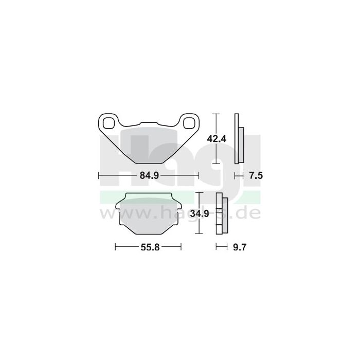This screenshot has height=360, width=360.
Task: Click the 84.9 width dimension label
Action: pyautogui.click(x=148, y=175)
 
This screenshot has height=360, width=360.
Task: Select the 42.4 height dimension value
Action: pyautogui.click(x=217, y=138)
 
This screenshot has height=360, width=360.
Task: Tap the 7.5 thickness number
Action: pyautogui.click(x=256, y=176)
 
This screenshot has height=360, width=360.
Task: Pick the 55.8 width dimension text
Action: pyautogui.click(x=148, y=247)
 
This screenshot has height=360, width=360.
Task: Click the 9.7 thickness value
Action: pyautogui.click(x=240, y=247)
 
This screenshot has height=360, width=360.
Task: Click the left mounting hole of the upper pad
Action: pyautogui.click(x=109, y=123)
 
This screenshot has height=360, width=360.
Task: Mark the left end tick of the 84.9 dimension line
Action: pyautogui.click(x=98, y=175)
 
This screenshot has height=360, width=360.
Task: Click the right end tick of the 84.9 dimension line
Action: pyautogui.click(x=199, y=175)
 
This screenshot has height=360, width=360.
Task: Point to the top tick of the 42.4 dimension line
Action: pyautogui.click(x=217, y=113)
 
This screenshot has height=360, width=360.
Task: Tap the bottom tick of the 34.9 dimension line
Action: pyautogui.click(x=199, y=233)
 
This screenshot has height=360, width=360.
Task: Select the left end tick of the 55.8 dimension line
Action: pyautogui.click(x=115, y=247)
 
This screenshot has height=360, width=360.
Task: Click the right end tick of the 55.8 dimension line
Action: pyautogui.click(x=182, y=247)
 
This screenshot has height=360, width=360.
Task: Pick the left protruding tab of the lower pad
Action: pyautogui.click(x=118, y=207)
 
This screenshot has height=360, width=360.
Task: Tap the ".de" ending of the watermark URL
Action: pyautogui.click(x=251, y=212)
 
